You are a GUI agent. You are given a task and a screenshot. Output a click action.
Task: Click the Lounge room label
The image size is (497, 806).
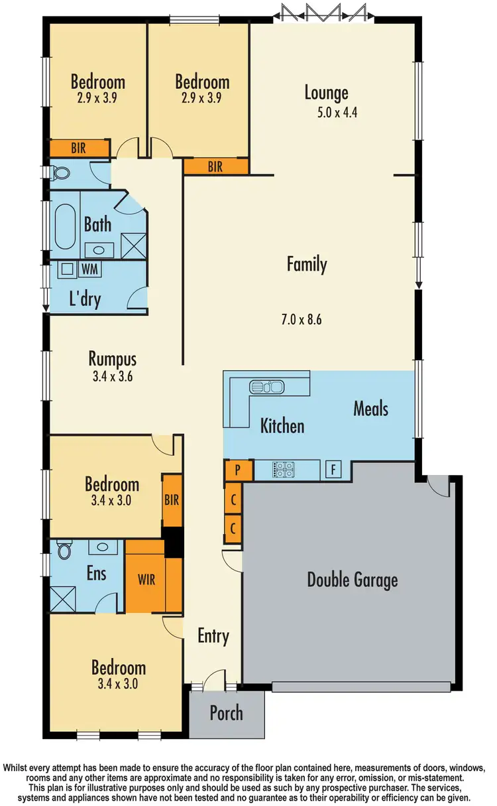(x=326, y=93)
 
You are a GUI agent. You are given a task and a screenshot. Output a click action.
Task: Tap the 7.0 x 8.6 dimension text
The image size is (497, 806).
(x=305, y=319)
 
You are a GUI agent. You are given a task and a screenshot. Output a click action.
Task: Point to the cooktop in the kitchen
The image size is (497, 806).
(x=284, y=470)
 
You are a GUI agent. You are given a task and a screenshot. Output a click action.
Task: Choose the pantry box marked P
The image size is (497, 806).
(x=239, y=470)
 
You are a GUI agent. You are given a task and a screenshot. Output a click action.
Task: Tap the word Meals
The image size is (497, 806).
(x=370, y=408)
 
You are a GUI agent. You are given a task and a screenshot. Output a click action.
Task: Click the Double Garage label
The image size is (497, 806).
(x=352, y=580)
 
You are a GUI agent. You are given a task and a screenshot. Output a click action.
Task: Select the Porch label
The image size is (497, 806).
(x=226, y=713)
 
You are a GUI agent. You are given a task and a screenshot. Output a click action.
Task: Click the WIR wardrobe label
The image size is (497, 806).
(x=146, y=579)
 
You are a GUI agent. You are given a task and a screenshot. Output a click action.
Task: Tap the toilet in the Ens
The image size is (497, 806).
(x=64, y=551)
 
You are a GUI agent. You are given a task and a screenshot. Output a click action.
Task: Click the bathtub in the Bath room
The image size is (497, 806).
(x=65, y=228)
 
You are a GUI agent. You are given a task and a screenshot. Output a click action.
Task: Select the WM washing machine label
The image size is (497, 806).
(x=89, y=269)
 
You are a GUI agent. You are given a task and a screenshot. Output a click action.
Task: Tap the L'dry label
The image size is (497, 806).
(x=85, y=299)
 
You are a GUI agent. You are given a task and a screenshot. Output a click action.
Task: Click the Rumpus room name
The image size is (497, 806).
(x=112, y=360)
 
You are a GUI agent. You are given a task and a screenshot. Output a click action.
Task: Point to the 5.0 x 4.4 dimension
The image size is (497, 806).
(x=337, y=112)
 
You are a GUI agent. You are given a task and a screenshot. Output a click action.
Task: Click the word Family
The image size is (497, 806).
(x=307, y=265)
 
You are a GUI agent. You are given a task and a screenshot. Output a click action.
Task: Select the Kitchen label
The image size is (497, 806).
(x=282, y=425)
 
